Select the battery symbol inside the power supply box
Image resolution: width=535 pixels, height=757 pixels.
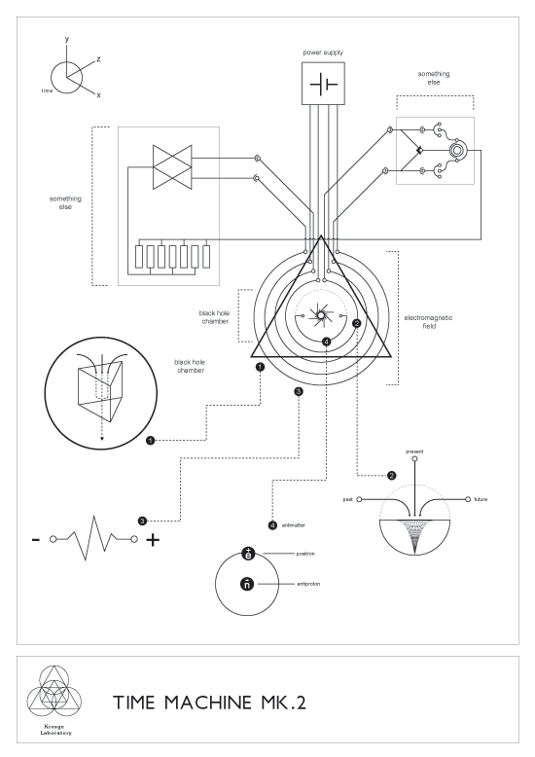click(322, 86)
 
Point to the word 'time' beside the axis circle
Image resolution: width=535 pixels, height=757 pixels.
click(46, 90)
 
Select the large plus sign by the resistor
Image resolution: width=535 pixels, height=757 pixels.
click(153, 539)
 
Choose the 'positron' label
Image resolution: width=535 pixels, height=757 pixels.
click(308, 553)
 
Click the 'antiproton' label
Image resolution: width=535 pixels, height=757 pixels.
click(310, 584)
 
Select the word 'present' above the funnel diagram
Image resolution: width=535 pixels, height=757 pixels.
click(415, 451)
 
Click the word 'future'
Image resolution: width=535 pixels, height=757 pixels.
click(481, 498)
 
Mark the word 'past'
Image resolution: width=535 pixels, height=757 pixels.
click(347, 498)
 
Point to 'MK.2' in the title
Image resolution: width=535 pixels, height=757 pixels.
click(276, 703)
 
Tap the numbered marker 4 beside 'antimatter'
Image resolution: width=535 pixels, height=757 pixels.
click(272, 525)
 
